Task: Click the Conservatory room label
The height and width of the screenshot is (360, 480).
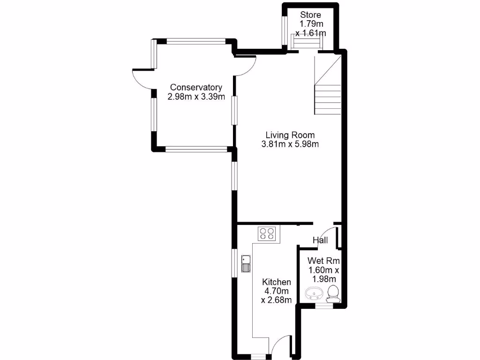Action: (196, 87)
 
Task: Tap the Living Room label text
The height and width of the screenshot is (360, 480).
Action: (290, 135)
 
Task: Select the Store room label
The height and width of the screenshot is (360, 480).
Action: (311, 15)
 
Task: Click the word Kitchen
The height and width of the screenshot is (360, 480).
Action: (277, 282)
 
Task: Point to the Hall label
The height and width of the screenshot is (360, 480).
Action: (320, 240)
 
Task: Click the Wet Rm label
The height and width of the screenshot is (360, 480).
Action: (323, 261)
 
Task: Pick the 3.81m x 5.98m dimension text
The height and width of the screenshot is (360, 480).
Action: (290, 144)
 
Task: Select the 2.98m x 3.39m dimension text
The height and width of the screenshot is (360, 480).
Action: (196, 97)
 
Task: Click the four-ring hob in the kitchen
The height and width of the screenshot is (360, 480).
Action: (268, 233)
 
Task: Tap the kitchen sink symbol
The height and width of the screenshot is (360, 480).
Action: (246, 264)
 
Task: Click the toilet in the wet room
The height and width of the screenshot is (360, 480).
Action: (333, 292)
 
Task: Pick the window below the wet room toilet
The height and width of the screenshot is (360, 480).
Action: (323, 305)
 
